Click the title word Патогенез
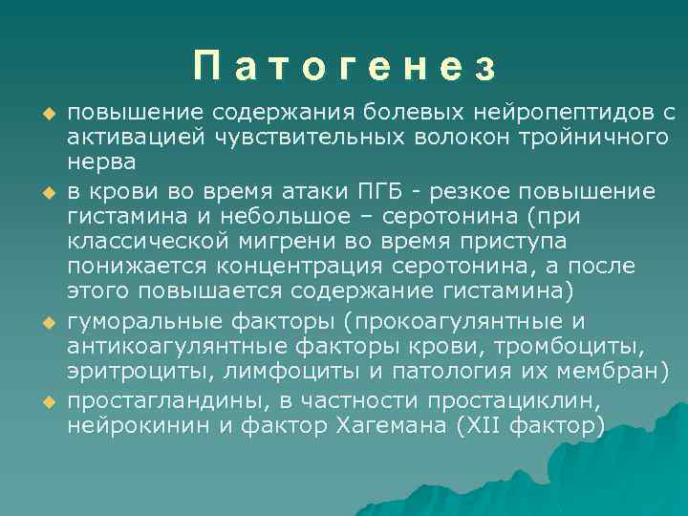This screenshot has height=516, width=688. point(344,68)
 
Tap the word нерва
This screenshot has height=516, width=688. point(100,163)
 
